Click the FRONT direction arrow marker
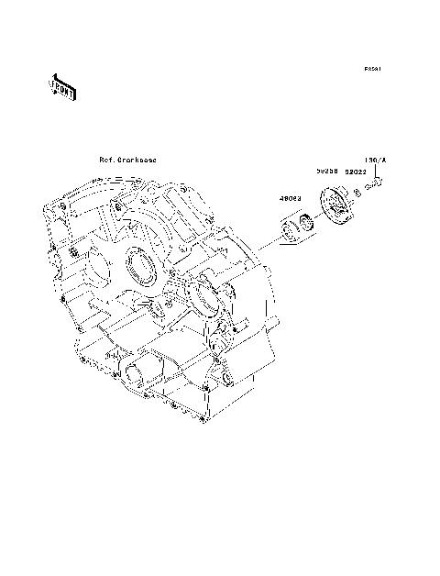click(61, 86)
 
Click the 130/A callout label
click(377, 159)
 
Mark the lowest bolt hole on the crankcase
click(199, 422)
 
